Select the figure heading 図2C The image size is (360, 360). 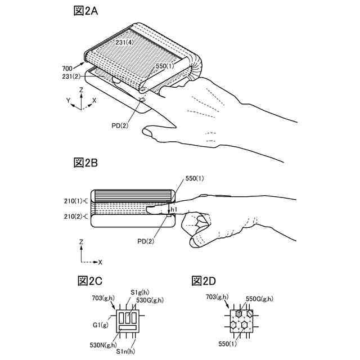click(90, 281)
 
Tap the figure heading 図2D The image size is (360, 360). click(204, 281)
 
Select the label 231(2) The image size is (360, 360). click(71, 76)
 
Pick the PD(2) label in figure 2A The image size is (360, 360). click(119, 125)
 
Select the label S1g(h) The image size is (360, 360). click(139, 292)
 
